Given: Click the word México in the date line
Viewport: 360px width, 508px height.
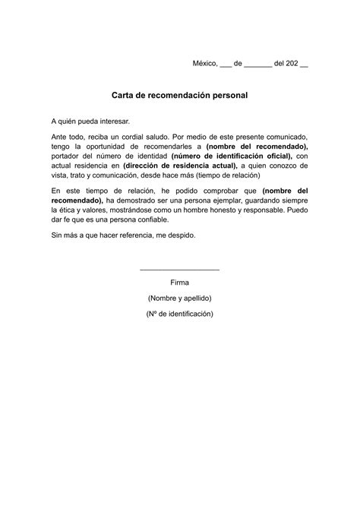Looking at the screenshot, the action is (204, 65).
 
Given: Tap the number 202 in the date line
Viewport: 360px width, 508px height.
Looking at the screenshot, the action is (292, 65).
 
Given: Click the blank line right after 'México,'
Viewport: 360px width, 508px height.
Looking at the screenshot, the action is (226, 66).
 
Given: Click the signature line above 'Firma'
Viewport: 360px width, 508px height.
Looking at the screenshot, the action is (180, 270).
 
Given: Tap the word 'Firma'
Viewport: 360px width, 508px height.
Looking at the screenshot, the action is (180, 282).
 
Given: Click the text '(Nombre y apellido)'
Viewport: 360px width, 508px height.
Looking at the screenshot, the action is (180, 298).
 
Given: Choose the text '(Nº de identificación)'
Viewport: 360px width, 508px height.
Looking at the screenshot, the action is (180, 313).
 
